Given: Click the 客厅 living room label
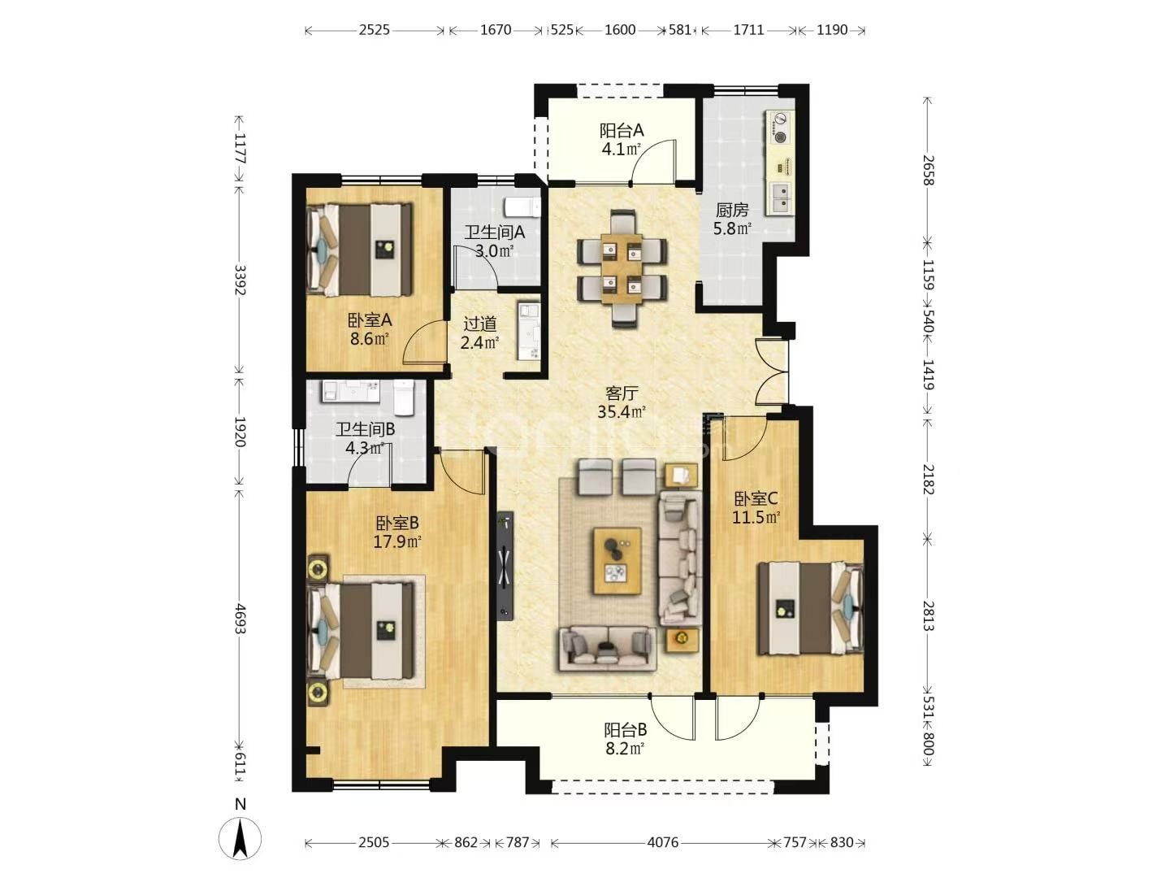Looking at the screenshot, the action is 622,393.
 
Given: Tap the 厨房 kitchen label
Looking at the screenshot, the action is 732,210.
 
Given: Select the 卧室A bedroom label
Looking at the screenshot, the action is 370,320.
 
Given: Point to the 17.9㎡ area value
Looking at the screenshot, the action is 397,542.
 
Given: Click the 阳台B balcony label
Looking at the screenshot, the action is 626,729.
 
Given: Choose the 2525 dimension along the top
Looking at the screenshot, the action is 374,30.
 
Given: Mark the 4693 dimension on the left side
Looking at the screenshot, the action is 240,619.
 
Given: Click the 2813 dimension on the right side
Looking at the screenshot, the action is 929,615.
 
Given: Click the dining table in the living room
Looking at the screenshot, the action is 622,268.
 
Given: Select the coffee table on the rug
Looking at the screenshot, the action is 617,560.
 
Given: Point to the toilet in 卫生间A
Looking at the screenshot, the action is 523,206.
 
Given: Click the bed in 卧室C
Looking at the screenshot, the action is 811,608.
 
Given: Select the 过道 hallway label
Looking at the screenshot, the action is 479,324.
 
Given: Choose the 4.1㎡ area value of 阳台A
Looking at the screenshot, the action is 621,150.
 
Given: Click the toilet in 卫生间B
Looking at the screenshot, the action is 404,398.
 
